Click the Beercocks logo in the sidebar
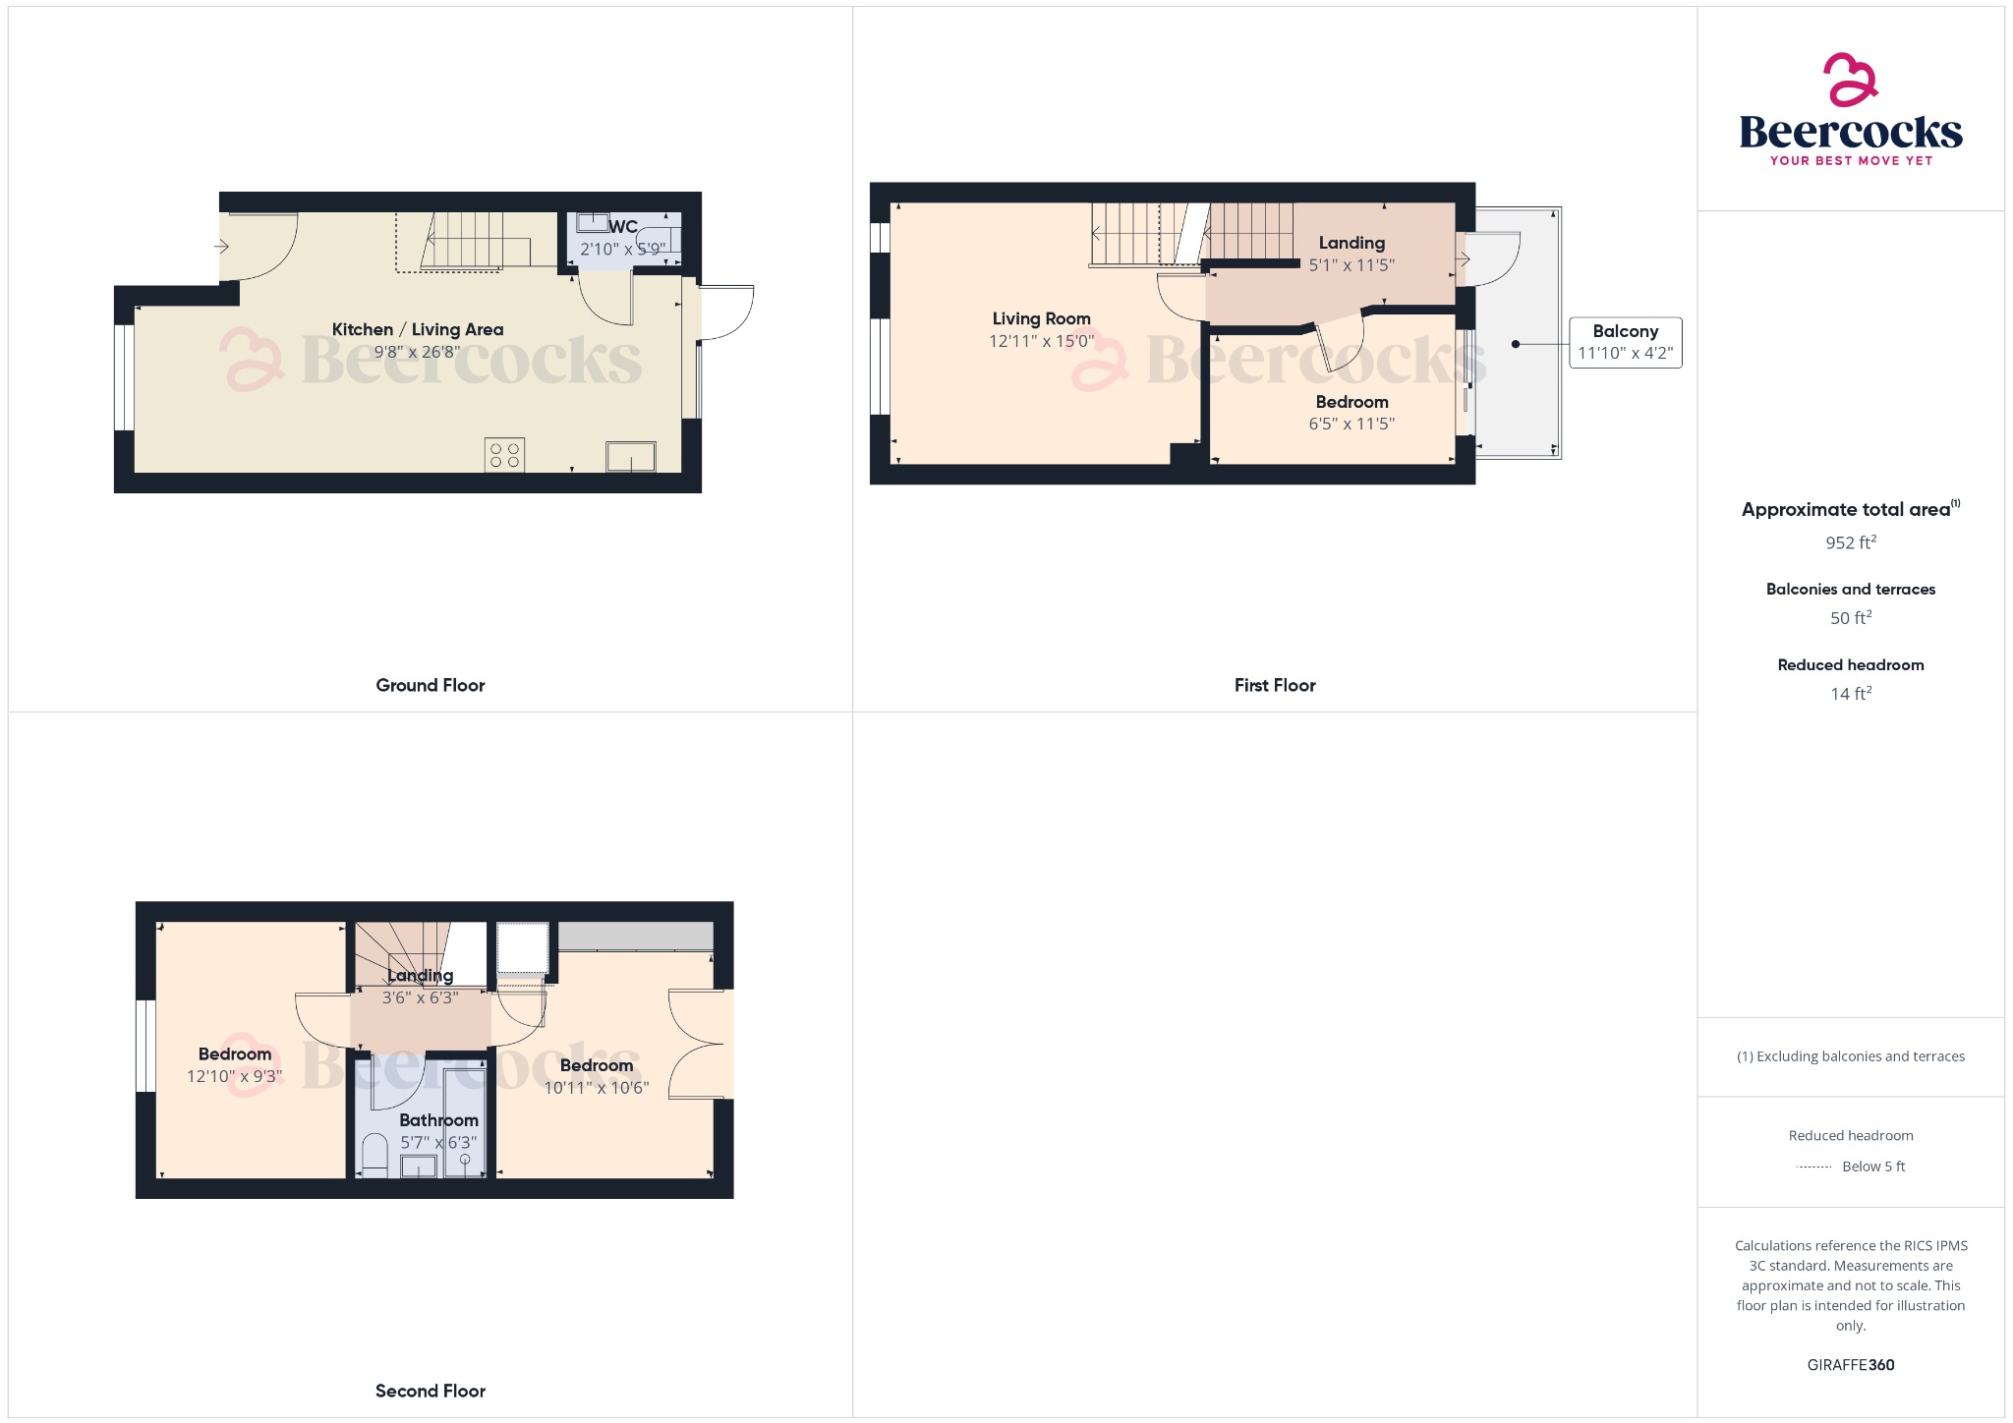tap(1850, 108)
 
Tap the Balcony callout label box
tap(1625, 342)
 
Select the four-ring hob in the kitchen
tap(504, 455)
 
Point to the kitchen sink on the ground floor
tap(630, 457)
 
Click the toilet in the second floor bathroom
tap(375, 1155)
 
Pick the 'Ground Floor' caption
tap(430, 685)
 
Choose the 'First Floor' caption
tap(1274, 685)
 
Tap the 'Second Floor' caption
tap(430, 1391)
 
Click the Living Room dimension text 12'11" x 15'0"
tap(1041, 341)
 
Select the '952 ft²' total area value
tap(1850, 542)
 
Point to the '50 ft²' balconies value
tap(1850, 618)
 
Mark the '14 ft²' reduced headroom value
tap(1850, 694)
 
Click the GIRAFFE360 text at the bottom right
tap(1850, 1365)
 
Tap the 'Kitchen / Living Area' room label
tap(417, 329)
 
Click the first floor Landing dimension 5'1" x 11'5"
tap(1352, 264)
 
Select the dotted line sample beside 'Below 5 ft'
tap(1813, 1167)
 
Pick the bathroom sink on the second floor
tap(419, 1166)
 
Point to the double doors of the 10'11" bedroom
tap(700, 1044)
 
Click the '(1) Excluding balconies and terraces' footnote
tap(1850, 1056)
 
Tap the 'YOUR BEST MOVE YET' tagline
tap(1850, 160)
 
